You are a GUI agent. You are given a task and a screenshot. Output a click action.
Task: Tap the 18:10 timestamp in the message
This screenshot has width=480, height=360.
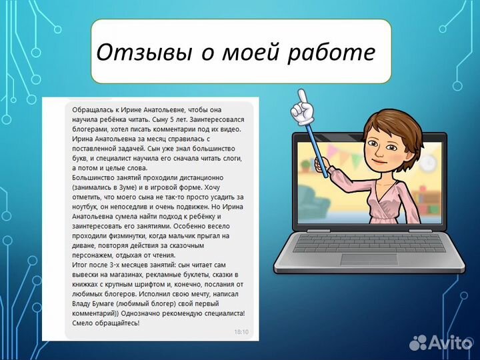point(241,331)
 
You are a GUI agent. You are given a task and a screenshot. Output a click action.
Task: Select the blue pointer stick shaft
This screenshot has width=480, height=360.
point(317,143)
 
